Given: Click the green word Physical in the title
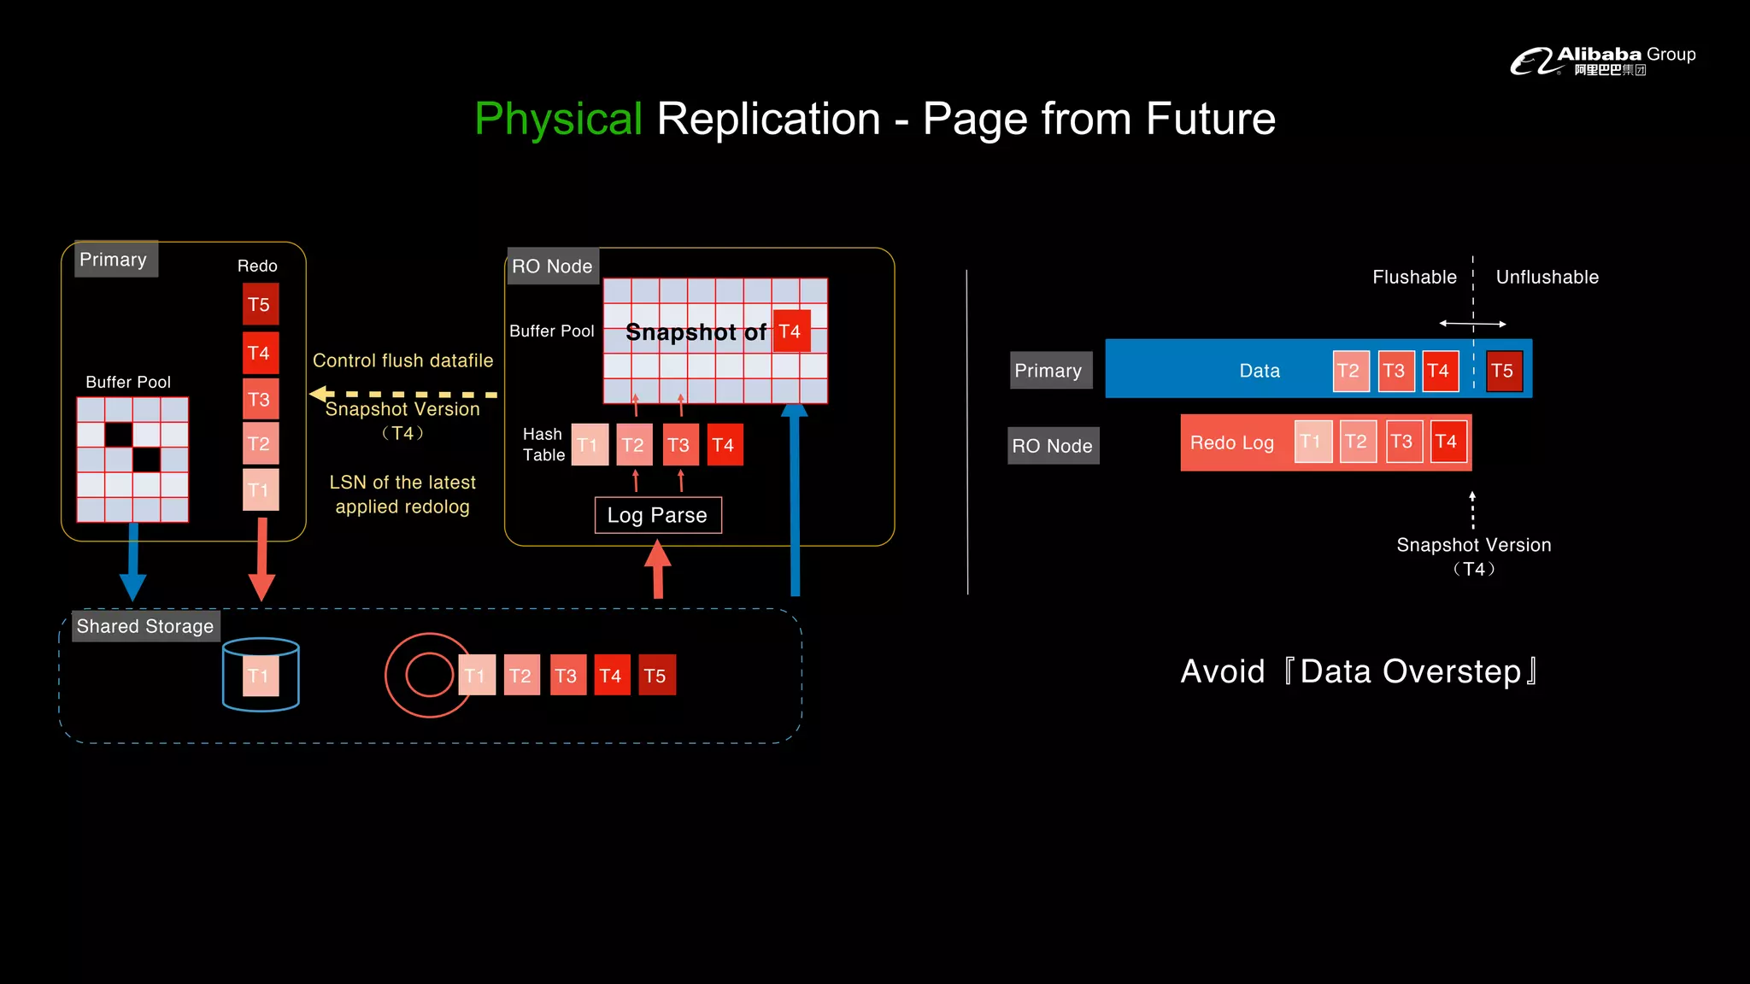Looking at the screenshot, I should [558, 119].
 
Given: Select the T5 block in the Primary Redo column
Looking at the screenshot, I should [260, 305].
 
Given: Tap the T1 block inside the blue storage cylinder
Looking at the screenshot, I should [260, 676].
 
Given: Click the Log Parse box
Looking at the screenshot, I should [658, 515].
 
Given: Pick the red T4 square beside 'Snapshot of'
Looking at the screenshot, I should [790, 331].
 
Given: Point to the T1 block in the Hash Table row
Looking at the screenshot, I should [589, 445].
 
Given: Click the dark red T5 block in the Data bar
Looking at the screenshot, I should [1503, 372].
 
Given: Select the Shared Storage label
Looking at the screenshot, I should [145, 626].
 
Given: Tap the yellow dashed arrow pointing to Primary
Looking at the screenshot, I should [402, 395].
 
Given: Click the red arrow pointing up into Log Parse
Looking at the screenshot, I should [657, 568].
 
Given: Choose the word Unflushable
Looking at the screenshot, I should [1547, 278].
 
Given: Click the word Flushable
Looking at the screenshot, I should [1414, 278].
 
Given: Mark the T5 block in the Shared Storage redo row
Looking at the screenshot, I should [655, 676].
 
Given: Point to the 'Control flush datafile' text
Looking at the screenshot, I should [402, 360].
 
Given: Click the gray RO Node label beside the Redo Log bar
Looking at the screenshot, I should [1053, 446].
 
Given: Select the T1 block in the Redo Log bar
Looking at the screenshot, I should [1312, 442].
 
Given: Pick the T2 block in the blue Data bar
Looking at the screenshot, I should [1350, 372].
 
